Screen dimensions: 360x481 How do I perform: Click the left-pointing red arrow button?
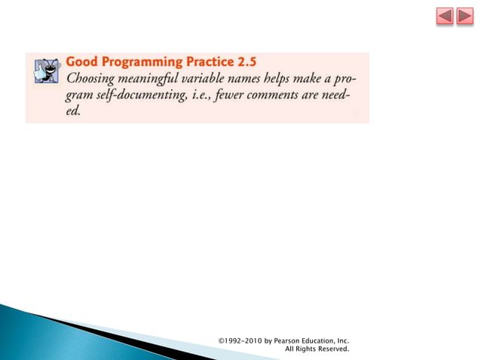point(445,17)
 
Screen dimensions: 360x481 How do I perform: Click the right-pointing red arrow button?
point(464,17)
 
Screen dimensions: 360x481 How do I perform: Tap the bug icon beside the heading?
point(47,69)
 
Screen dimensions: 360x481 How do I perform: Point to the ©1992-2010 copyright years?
point(239,341)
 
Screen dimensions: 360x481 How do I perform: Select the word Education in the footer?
point(323,341)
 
